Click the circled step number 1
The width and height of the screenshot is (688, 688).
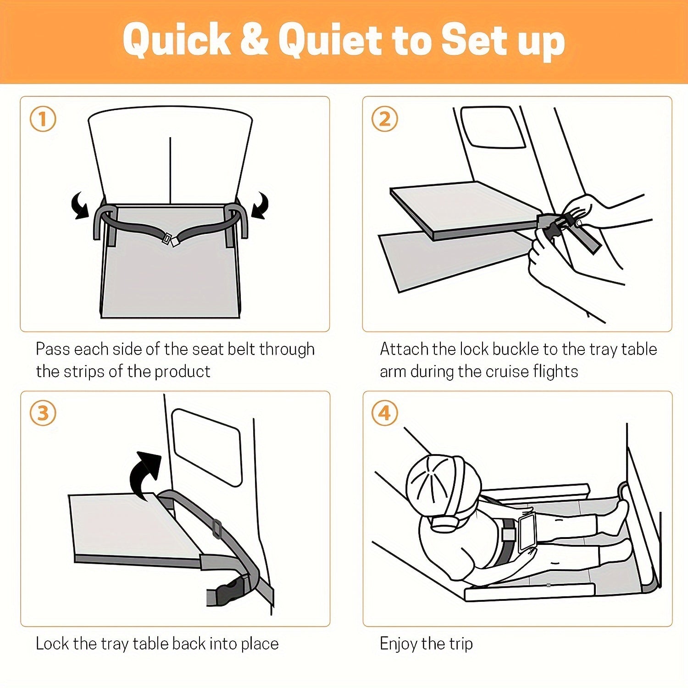tap(43, 119)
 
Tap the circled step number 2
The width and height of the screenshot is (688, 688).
tap(384, 119)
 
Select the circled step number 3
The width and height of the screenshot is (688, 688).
tap(43, 413)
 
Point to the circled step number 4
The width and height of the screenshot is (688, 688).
tap(384, 413)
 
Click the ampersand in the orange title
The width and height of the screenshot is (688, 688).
tap(254, 40)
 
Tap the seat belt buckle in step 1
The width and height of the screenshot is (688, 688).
tap(169, 239)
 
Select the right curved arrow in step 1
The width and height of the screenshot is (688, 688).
tap(260, 206)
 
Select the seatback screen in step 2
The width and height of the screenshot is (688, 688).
tap(493, 127)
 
